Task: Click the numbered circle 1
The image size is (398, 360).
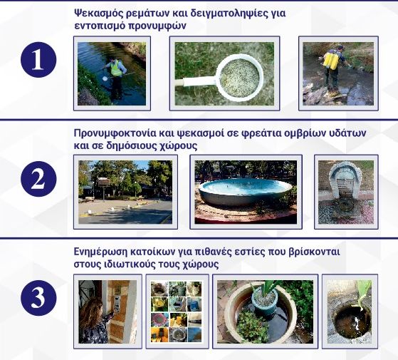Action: point(37,61)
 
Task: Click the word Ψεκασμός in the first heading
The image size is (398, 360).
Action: point(101,13)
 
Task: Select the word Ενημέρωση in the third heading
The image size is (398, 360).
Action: point(103,252)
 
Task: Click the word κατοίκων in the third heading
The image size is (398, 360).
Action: point(161,252)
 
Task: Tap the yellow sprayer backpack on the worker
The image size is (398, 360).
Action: point(329,60)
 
